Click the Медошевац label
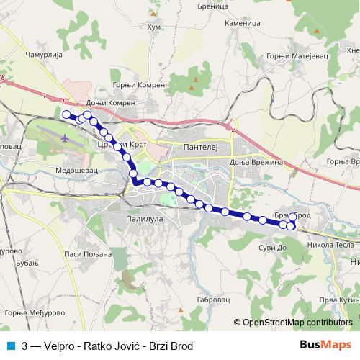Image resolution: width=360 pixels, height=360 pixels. tap(74, 171)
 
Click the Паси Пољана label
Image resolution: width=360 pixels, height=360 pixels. tap(89, 253)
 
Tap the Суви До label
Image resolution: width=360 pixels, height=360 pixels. tap(272, 247)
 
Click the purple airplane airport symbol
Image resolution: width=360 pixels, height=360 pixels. tap(66, 137)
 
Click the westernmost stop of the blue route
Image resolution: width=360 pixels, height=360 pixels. tap(66, 114)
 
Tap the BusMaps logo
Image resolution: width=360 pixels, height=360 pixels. tap(323, 346)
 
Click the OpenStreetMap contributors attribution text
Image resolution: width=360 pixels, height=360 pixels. tap(297, 323)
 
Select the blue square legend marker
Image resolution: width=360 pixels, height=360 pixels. tap(11, 346)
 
